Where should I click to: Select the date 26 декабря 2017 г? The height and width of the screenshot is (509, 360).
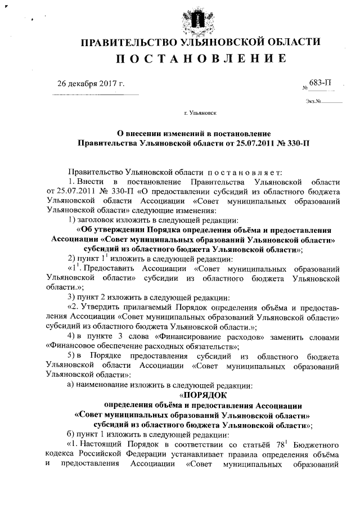pyautogui.click(x=91, y=84)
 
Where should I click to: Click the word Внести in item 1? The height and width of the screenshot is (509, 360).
pyautogui.click(x=89, y=182)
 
